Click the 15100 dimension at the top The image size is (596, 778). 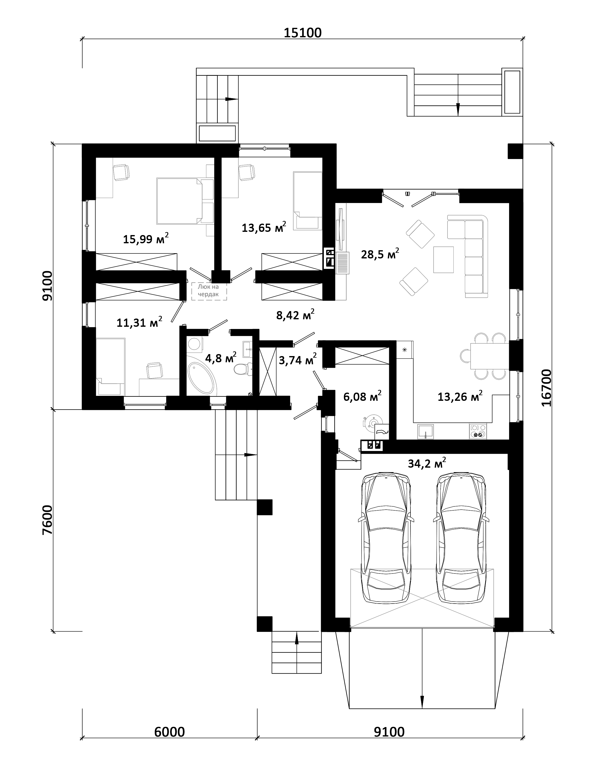(303, 33)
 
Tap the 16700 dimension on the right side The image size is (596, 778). (547, 388)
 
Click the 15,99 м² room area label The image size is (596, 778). (146, 239)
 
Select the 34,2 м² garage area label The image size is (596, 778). (427, 463)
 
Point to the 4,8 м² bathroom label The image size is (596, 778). (221, 358)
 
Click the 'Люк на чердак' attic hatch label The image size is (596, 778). (209, 291)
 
